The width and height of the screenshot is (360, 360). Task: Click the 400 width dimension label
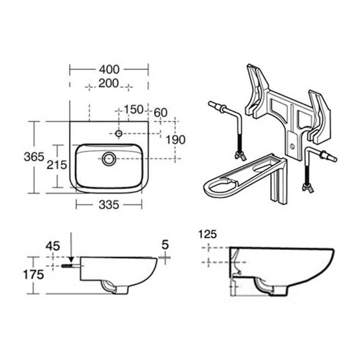(x=109, y=69)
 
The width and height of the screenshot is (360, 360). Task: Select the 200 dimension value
(x=108, y=83)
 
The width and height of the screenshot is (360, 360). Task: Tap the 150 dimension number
(x=134, y=109)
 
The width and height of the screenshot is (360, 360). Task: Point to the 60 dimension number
(x=161, y=112)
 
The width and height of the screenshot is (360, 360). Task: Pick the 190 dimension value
(x=175, y=139)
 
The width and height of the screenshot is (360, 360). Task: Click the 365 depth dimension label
(x=34, y=157)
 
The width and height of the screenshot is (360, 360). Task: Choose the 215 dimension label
(x=57, y=165)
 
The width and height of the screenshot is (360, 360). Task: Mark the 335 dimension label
(x=109, y=205)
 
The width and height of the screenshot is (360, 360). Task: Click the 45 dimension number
(x=53, y=246)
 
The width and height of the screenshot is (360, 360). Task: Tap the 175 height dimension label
(x=33, y=274)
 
